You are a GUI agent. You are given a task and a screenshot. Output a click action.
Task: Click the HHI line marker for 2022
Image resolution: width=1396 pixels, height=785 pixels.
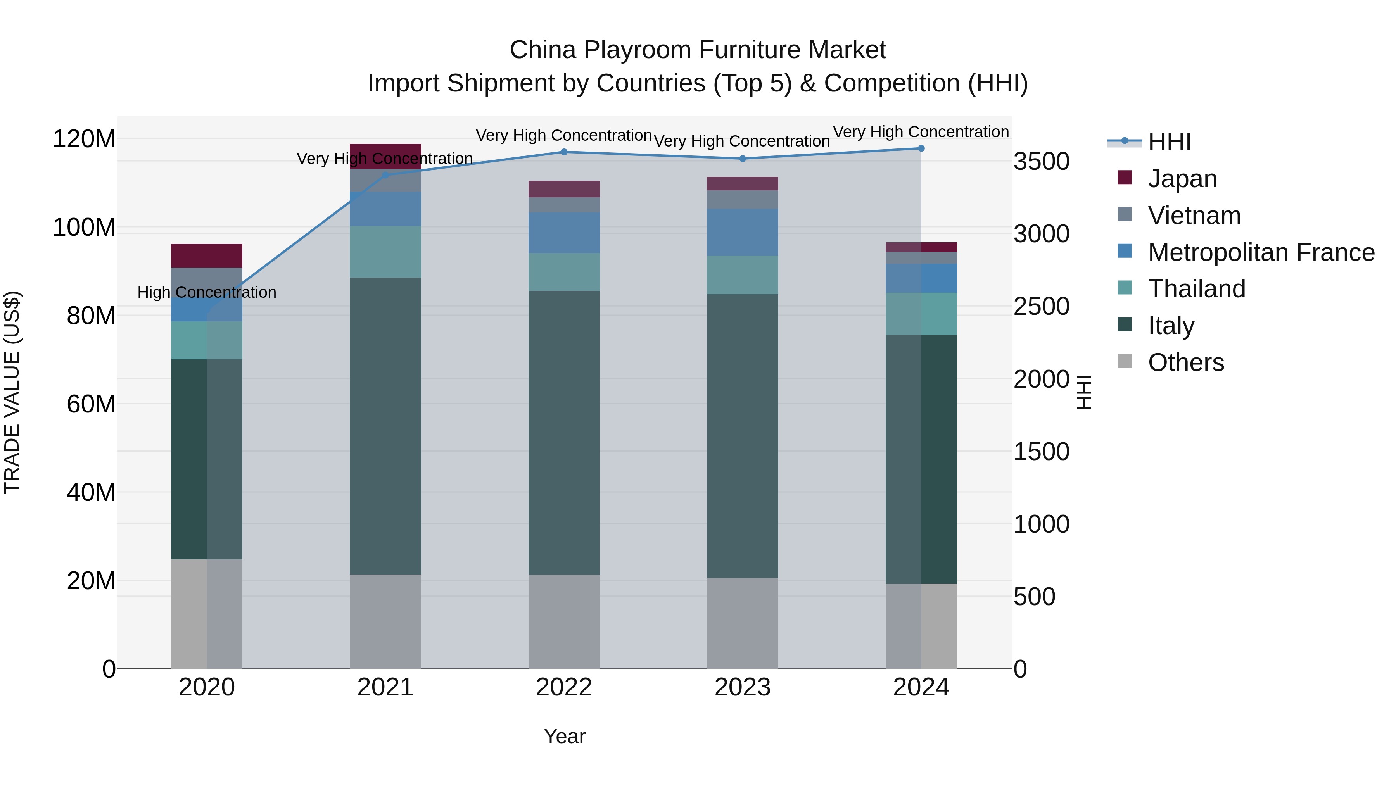(563, 152)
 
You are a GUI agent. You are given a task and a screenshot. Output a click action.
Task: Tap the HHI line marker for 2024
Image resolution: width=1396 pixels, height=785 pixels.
(921, 148)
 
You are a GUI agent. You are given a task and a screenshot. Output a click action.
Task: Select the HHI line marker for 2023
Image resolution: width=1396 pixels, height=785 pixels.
(743, 159)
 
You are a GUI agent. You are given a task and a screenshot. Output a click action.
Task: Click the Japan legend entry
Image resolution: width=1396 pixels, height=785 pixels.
(1182, 179)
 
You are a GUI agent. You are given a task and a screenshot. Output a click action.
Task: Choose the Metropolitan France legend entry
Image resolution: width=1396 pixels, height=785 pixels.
(1261, 252)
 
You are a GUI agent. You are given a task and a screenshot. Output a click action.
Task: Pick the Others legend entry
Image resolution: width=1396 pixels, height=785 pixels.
(1186, 362)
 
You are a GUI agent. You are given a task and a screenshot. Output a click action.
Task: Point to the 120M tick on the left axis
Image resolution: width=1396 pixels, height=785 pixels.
(84, 139)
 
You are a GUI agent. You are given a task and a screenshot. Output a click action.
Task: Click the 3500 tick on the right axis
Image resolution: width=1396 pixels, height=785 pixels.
(1041, 161)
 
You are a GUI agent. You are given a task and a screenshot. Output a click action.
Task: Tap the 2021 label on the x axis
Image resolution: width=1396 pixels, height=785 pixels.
(385, 687)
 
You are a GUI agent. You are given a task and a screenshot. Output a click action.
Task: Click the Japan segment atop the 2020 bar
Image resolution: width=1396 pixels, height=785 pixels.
(206, 256)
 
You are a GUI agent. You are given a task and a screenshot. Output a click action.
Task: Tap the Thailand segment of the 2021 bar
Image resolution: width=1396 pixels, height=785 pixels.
(385, 252)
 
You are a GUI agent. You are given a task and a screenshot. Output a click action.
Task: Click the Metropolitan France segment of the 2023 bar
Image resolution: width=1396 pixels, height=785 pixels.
(743, 233)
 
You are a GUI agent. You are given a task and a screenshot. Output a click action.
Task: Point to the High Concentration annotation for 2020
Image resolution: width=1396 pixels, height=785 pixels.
(206, 293)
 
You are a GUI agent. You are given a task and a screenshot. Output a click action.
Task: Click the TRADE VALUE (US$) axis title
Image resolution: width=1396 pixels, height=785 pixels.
(12, 392)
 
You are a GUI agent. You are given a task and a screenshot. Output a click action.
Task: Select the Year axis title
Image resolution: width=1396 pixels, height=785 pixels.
(564, 736)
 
